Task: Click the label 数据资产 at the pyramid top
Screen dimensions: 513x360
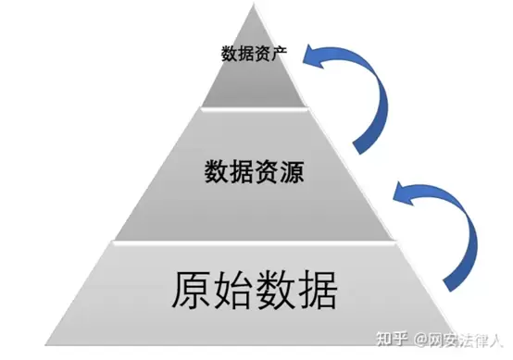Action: click(x=254, y=54)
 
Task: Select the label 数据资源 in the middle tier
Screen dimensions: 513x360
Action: click(x=255, y=172)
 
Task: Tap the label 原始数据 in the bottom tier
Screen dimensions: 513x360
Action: click(x=255, y=291)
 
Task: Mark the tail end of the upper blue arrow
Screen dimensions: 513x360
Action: click(x=359, y=148)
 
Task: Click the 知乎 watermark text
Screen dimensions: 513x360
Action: click(x=392, y=339)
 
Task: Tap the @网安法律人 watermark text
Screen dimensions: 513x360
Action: click(x=458, y=340)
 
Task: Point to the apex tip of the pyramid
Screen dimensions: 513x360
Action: click(x=254, y=4)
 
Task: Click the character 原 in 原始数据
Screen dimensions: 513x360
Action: click(x=192, y=291)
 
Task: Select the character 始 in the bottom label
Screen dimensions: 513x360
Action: click(x=233, y=291)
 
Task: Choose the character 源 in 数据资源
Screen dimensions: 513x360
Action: click(x=292, y=172)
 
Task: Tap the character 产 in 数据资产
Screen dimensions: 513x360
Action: click(x=279, y=54)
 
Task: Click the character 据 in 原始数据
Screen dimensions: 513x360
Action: click(x=317, y=291)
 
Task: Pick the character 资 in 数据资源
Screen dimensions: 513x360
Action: click(x=267, y=172)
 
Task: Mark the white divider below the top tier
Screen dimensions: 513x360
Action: click(x=255, y=108)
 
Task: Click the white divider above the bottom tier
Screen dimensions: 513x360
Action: click(x=255, y=242)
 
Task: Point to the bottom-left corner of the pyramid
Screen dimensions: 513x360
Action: click(x=45, y=344)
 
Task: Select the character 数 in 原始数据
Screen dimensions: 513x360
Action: click(x=275, y=291)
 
